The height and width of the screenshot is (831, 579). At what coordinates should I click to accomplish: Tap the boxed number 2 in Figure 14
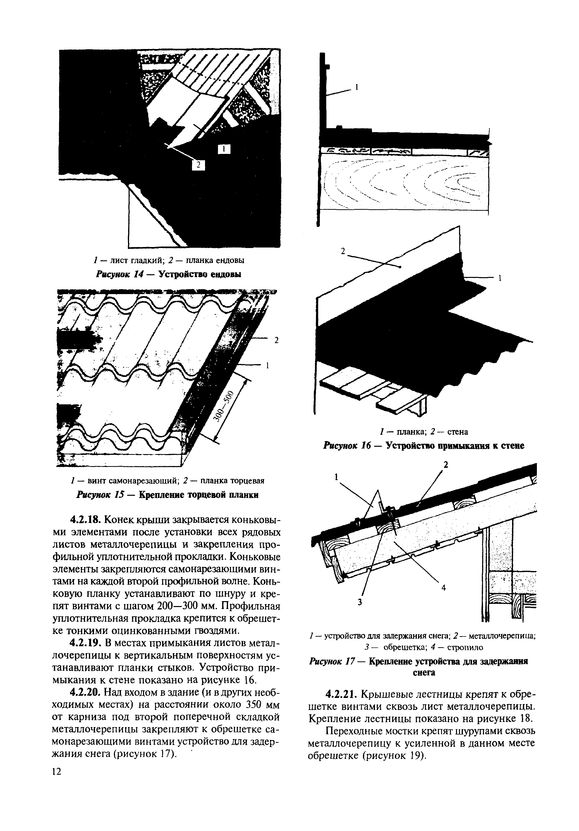point(198,165)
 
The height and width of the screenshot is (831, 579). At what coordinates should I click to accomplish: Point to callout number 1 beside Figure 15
point(268,366)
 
